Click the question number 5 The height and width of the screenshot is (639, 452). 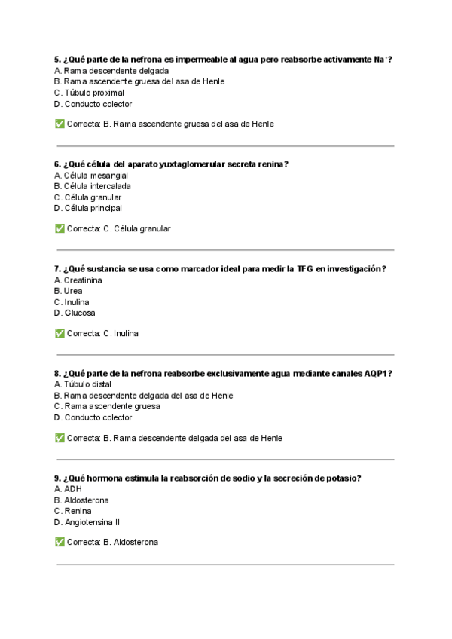(x=57, y=60)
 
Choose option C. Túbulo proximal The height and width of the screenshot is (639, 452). (x=89, y=93)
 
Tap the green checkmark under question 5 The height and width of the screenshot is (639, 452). (x=60, y=124)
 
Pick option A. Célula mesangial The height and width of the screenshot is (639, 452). (x=90, y=176)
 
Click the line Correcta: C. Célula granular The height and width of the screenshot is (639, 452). (x=118, y=228)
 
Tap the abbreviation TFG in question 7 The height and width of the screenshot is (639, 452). (x=304, y=269)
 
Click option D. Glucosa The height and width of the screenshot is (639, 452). (x=75, y=313)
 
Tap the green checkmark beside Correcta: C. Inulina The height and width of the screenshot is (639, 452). (x=60, y=333)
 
